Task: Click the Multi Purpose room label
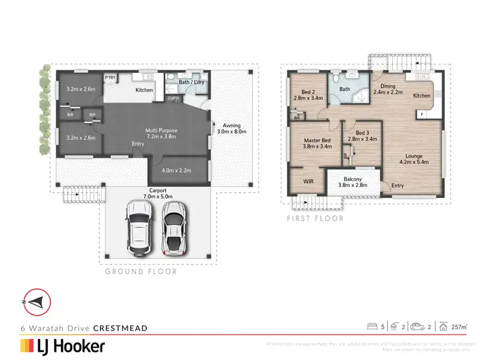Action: (161, 134)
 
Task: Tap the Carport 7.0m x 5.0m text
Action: (154, 193)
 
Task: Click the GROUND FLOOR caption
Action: (141, 272)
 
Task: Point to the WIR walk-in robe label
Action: (308, 181)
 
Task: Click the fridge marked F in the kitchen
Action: (423, 114)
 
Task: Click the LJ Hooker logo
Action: (63, 347)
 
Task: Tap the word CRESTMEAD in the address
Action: (120, 328)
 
